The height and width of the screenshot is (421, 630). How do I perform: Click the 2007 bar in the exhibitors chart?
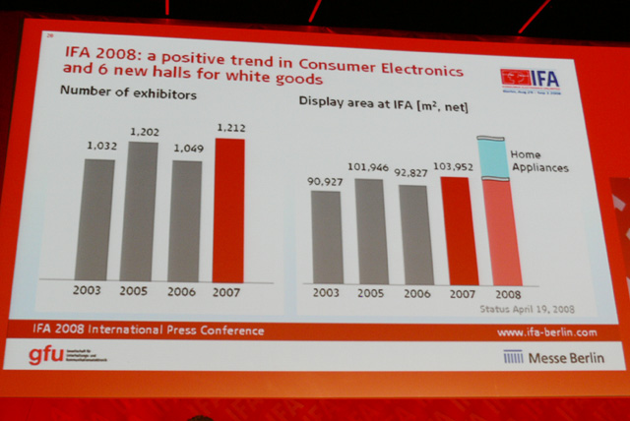(x=228, y=210)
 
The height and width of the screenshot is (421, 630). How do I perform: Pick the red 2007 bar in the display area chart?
(x=459, y=232)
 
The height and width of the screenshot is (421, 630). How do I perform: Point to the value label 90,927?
(x=325, y=181)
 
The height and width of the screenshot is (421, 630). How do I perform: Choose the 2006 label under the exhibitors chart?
(x=183, y=292)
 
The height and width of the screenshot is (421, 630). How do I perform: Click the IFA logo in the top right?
(x=532, y=78)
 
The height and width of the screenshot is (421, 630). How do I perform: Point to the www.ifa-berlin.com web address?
(x=546, y=332)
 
